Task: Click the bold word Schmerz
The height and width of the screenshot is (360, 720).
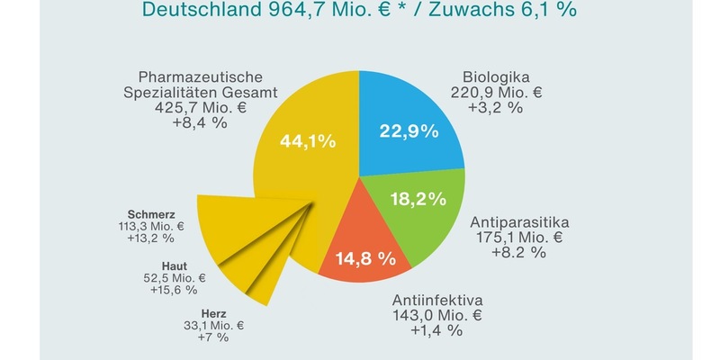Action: (x=152, y=213)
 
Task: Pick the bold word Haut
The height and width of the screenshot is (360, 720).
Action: (x=175, y=265)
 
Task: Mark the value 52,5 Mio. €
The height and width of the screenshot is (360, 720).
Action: (x=174, y=278)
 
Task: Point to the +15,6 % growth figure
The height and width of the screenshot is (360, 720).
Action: (x=174, y=291)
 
